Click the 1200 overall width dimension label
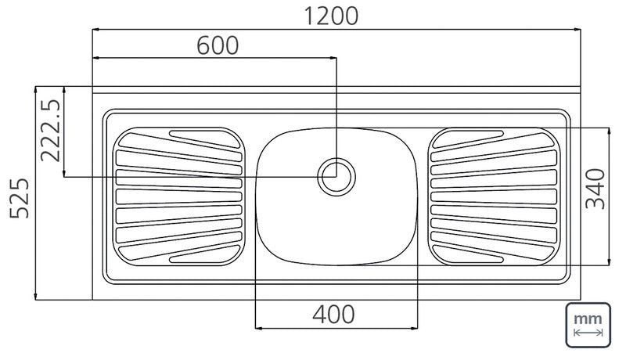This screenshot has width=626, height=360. click(x=331, y=16)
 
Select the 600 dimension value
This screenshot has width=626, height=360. click(x=218, y=45)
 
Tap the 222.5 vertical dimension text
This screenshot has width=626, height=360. click(x=51, y=131)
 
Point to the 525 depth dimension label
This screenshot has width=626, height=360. click(x=19, y=198)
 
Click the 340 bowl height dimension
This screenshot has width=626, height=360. click(x=595, y=189)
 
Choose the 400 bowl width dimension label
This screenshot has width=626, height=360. click(x=333, y=314)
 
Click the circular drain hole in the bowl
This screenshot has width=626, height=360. click(x=336, y=177)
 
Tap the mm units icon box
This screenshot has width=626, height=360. click(x=588, y=325)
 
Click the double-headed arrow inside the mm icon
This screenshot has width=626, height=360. click(x=588, y=333)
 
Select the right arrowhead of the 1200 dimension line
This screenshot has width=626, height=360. click(x=577, y=29)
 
